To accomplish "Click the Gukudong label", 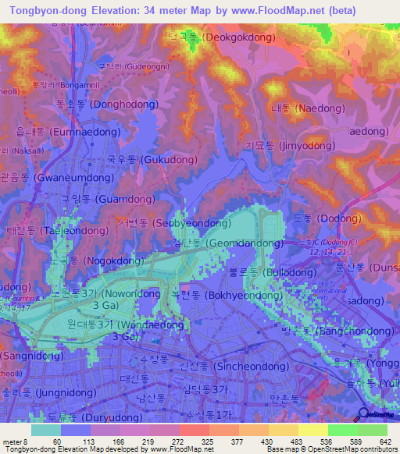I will click(141, 159).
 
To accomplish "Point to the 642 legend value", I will click(383, 441).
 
